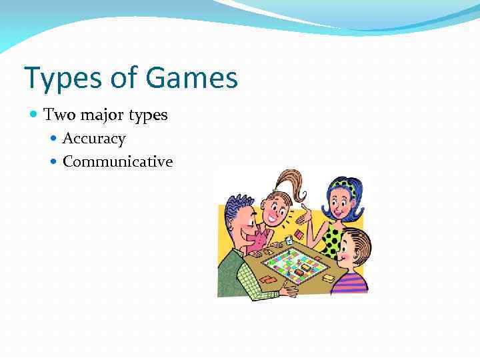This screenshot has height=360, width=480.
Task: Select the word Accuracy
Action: coord(94,139)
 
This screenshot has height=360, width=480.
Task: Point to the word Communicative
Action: coord(117,161)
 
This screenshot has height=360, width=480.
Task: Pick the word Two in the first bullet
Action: coord(57,115)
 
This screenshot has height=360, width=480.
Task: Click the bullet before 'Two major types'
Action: coord(35,115)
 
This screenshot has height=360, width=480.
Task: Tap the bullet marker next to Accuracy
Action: coord(54,139)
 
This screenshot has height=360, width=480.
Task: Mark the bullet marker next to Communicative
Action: coord(54,162)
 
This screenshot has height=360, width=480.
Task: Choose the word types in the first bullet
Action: coord(148,115)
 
